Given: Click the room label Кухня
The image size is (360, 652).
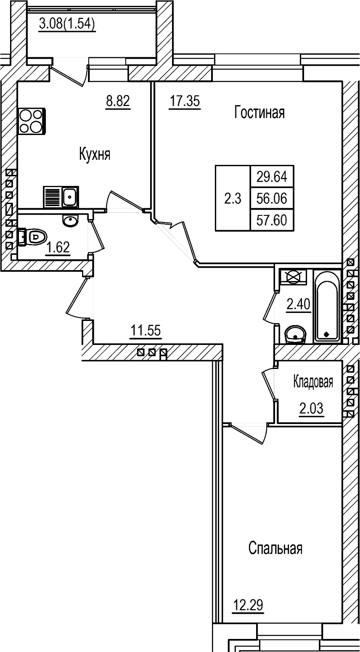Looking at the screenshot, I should [95, 154].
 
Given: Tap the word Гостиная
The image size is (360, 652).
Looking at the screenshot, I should [259, 113].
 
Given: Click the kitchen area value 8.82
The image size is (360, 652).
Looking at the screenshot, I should [118, 101].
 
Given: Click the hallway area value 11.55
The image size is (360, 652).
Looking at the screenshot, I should [145, 331].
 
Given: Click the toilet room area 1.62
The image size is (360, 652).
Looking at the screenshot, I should [58, 248].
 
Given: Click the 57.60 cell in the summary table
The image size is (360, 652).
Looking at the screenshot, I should [272, 220].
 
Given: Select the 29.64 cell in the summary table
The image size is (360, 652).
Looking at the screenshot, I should [272, 177].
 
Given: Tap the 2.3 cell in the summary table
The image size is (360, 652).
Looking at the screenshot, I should [232, 199].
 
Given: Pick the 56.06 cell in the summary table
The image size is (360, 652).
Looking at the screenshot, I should [272, 198].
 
